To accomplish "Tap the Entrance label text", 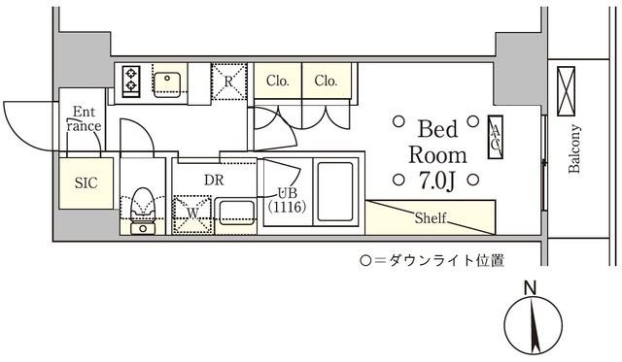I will (x=83, y=118).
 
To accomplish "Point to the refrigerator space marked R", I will (x=228, y=80).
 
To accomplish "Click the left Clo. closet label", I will (x=277, y=82).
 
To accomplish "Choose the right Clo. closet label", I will (x=326, y=82).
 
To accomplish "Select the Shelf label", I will (x=431, y=217).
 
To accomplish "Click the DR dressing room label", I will (x=215, y=180).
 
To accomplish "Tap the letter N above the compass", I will (x=530, y=287).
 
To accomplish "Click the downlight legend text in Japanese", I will (x=432, y=260).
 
